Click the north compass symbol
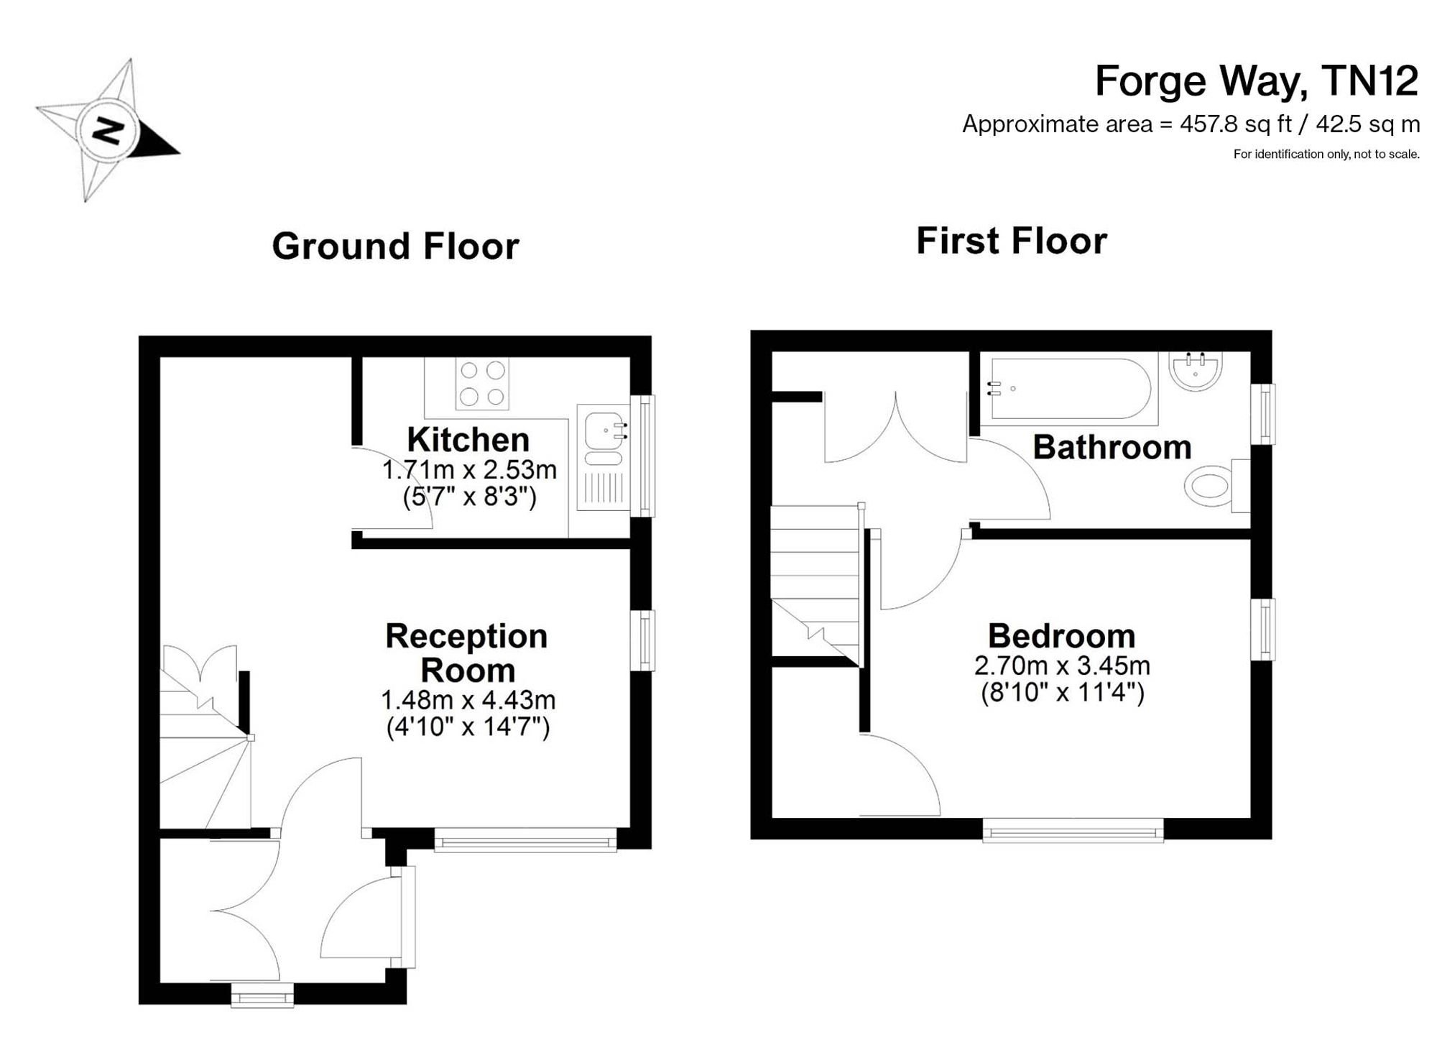coord(108,130)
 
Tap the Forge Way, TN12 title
coord(1257,80)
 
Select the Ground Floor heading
coord(395,246)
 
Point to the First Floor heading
coord(1012,241)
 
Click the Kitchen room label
coord(468,439)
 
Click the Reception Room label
coord(467,653)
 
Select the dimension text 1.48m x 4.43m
coord(468,699)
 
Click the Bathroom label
coord(1112,447)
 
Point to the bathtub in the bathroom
coord(1071,389)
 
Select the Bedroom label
coord(1061,636)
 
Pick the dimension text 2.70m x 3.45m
coord(1062,666)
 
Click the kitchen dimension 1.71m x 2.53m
coord(469,470)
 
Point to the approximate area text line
coord(1191,124)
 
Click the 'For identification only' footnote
coord(1326,154)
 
